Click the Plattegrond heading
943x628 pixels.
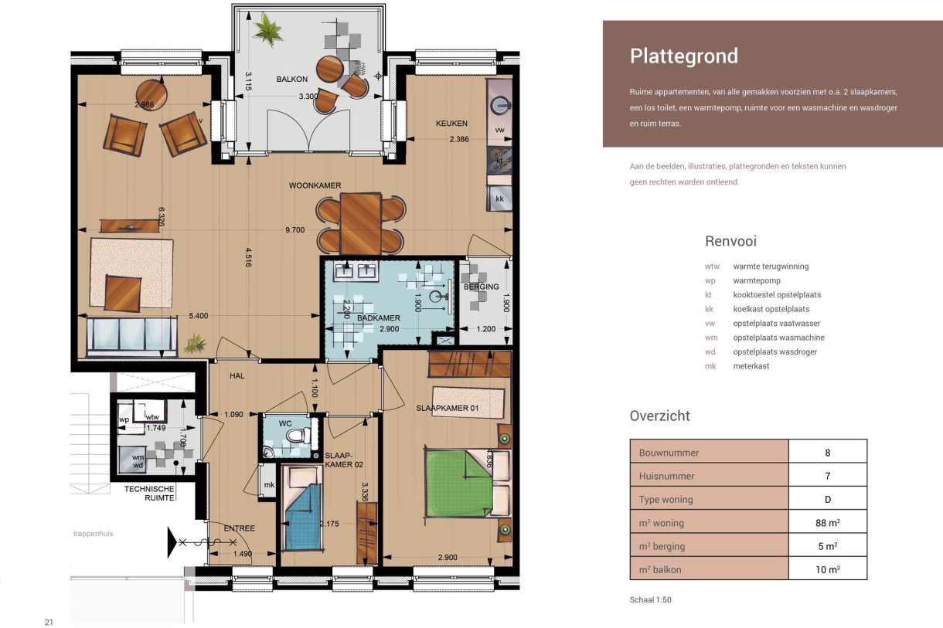click(683, 56)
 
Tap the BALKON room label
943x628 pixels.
click(292, 80)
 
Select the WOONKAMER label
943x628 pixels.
click(315, 185)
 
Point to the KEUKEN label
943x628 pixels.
click(451, 123)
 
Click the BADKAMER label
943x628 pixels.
click(378, 317)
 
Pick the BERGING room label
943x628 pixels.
click(482, 287)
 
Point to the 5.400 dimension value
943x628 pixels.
click(199, 315)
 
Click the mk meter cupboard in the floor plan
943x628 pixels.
click(269, 485)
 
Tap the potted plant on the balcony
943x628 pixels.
click(268, 31)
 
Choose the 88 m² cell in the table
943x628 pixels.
click(827, 522)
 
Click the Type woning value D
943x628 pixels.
click(827, 499)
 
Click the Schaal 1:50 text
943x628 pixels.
click(651, 599)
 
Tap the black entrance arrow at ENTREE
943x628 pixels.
click(172, 541)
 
